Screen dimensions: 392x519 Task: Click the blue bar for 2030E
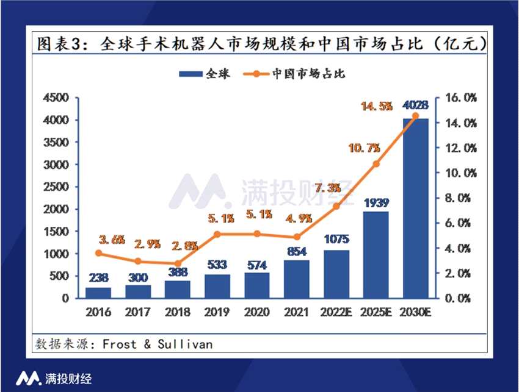click(x=416, y=208)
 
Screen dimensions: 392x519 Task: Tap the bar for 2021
click(x=297, y=279)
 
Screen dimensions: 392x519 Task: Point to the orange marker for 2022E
click(x=336, y=206)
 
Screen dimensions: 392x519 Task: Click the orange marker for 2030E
click(x=416, y=116)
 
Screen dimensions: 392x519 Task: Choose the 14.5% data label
click(x=376, y=106)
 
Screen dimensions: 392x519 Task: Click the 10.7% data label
click(x=364, y=148)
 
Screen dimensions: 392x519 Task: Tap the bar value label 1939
click(x=376, y=202)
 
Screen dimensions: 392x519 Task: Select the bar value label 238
click(x=99, y=278)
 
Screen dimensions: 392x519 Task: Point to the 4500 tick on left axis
click(x=59, y=98)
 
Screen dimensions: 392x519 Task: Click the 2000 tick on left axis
click(x=59, y=209)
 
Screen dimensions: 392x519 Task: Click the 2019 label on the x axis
click(x=217, y=313)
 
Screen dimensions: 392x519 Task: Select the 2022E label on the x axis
click(x=336, y=313)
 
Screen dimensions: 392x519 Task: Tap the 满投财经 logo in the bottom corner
click(x=54, y=378)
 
